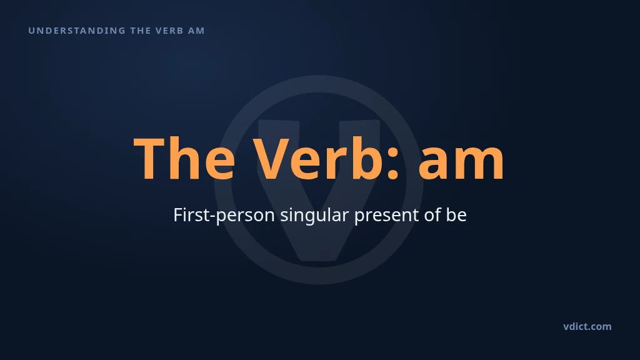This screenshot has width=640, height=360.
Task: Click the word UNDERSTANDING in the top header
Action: (x=77, y=31)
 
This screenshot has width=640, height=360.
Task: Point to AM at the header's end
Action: (x=196, y=31)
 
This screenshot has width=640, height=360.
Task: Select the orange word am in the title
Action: (x=461, y=162)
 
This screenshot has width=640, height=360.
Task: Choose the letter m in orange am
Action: (x=480, y=162)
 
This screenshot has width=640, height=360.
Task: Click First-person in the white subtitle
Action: (x=224, y=215)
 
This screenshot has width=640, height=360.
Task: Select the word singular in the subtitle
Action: (x=314, y=215)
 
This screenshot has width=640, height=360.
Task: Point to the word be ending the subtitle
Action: (x=456, y=215)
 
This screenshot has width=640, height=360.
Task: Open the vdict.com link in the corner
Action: (x=587, y=326)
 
